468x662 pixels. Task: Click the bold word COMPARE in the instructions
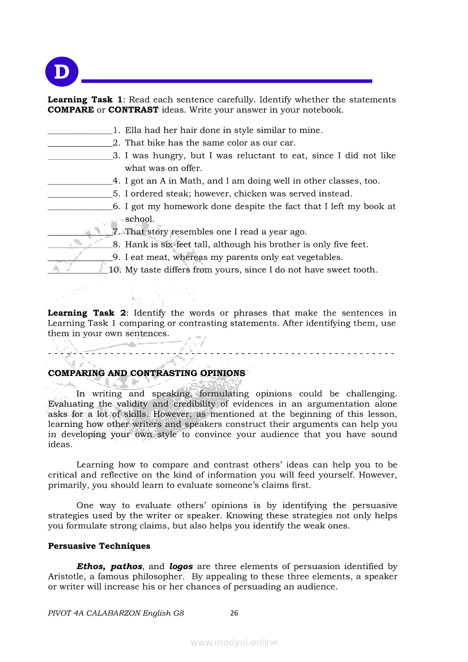click(71, 110)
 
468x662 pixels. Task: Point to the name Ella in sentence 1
click(133, 130)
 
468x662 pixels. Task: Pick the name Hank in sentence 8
click(135, 245)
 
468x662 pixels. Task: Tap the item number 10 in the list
click(114, 270)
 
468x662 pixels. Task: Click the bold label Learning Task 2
click(89, 313)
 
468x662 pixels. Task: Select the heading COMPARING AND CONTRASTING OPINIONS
click(147, 373)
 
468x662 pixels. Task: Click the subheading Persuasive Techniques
click(99, 546)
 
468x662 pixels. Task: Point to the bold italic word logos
click(181, 566)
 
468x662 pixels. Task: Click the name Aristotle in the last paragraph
click(67, 576)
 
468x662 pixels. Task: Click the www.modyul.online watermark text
click(234, 642)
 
